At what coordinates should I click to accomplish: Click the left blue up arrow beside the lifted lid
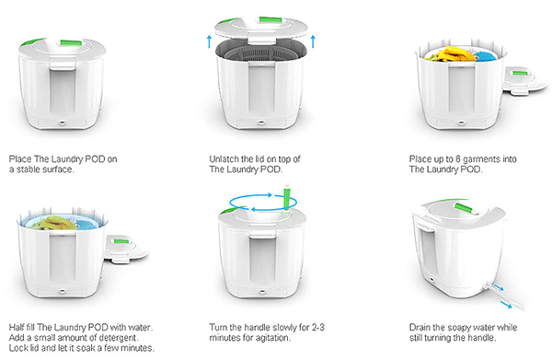coord(210,41)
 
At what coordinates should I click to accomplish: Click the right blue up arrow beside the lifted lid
coord(313,41)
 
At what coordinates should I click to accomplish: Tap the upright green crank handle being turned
coord(287,197)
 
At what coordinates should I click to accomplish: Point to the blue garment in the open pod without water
coord(487,56)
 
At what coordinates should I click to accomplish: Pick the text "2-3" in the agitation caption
coord(318,327)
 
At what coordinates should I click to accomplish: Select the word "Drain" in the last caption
coord(420,327)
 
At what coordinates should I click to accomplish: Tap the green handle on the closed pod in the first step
coord(71,42)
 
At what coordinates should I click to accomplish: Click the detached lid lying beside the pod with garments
coord(525,80)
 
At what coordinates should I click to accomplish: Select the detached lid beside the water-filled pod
coord(126,249)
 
